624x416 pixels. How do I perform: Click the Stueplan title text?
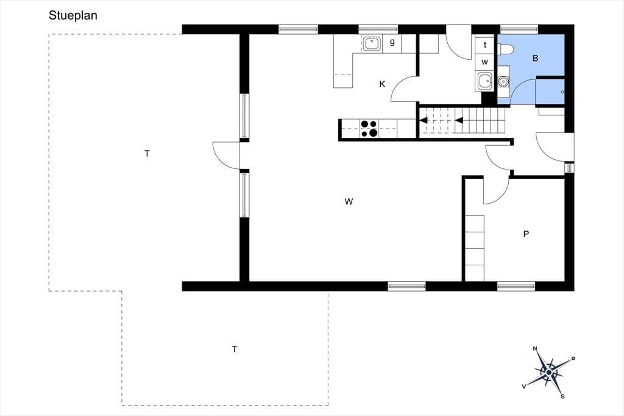point(73,15)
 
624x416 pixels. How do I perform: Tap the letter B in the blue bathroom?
point(535,58)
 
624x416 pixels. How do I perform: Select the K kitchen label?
point(383,84)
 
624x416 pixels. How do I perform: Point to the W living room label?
point(349,202)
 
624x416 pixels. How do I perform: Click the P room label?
point(526,234)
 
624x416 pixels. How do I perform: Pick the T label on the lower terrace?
point(235,350)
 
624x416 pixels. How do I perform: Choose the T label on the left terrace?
point(147,154)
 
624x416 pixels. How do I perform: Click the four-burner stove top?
point(369,129)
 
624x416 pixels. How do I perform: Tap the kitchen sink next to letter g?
point(372,43)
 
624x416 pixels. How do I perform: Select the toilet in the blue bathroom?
point(506,49)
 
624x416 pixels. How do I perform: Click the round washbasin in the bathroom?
point(503,82)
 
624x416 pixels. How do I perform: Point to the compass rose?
point(549,373)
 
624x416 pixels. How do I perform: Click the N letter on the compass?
point(535,349)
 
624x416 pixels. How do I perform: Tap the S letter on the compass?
point(562,396)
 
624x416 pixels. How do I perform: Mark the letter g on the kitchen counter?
point(392,42)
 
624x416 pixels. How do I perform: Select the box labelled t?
point(484,45)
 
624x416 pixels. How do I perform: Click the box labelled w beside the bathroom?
point(484,62)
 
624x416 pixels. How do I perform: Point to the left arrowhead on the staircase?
point(424,120)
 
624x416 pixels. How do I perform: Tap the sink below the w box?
point(484,82)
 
